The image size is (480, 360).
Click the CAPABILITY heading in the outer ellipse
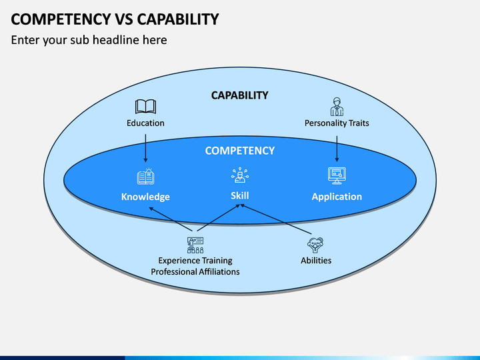240,95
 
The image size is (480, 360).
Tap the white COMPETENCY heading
240,151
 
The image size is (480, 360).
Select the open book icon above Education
145,107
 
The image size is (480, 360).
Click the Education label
145,123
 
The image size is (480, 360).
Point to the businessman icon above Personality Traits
337,107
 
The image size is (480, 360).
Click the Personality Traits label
337,123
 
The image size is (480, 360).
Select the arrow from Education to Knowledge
145,148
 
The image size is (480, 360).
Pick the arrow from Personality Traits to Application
337,149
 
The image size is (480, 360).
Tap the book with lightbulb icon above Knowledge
146,176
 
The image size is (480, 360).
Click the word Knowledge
145,197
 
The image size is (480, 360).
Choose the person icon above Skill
240,175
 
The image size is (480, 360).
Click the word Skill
240,195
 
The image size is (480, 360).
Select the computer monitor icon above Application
337,176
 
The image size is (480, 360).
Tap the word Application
337,197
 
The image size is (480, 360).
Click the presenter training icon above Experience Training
195,245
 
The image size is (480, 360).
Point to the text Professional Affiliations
195,272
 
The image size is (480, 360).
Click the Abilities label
316,261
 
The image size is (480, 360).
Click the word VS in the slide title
124,19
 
